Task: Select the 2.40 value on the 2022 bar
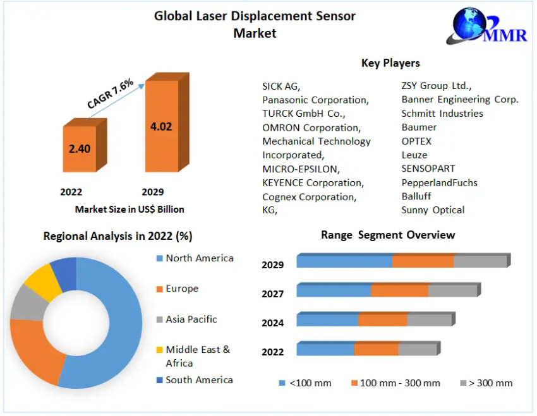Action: click(79, 150)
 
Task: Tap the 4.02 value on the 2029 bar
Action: click(161, 126)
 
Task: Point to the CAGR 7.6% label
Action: click(111, 94)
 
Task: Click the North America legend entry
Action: click(199, 258)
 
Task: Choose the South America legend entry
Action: click(199, 380)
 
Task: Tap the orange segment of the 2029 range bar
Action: click(423, 261)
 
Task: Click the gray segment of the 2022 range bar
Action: click(417, 349)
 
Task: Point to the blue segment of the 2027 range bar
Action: click(334, 290)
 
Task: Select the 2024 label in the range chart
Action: click(273, 323)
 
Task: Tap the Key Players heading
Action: click(390, 63)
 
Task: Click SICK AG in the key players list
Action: click(281, 86)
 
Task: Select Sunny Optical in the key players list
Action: click(433, 210)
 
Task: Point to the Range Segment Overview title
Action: click(388, 235)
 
